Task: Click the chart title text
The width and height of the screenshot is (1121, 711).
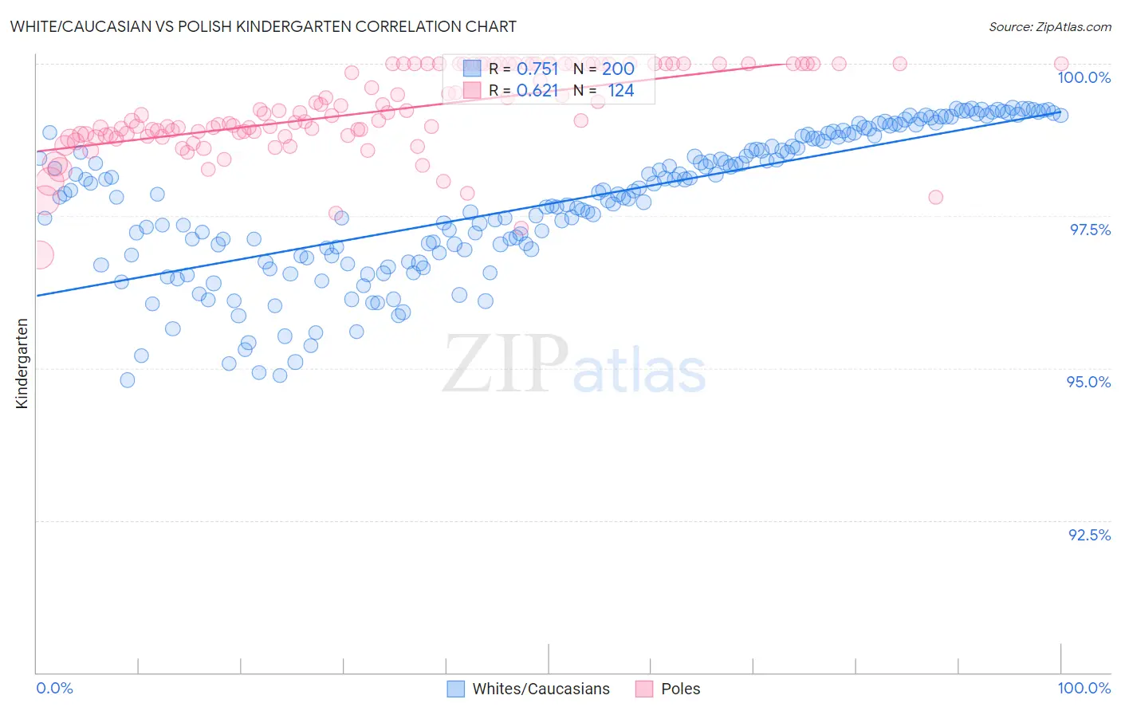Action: (263, 26)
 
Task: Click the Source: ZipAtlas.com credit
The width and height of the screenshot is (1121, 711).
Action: (1049, 26)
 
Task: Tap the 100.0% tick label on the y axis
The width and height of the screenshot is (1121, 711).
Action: (1084, 77)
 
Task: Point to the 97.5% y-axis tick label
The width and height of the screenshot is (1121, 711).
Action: (1089, 230)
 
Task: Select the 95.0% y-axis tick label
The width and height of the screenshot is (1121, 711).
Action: (1088, 382)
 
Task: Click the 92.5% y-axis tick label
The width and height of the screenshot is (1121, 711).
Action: (1089, 535)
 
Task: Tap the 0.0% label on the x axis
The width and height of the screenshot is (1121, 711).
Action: (54, 688)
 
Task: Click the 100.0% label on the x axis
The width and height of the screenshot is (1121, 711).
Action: (1084, 688)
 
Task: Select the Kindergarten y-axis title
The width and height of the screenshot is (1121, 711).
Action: (22, 363)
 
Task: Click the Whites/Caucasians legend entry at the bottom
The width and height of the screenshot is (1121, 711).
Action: (541, 689)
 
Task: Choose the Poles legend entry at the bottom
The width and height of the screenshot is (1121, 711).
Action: (680, 689)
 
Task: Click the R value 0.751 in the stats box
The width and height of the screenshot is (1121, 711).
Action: (537, 69)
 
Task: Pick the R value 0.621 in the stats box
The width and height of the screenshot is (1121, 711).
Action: (537, 91)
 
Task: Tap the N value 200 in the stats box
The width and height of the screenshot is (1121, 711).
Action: (618, 69)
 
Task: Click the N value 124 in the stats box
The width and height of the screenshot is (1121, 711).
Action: (620, 91)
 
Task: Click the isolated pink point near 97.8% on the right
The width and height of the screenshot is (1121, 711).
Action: (935, 197)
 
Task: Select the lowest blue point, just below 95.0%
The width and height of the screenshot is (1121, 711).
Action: (128, 380)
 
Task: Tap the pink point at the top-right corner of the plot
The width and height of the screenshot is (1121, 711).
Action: (1060, 64)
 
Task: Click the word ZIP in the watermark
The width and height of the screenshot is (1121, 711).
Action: (505, 364)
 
